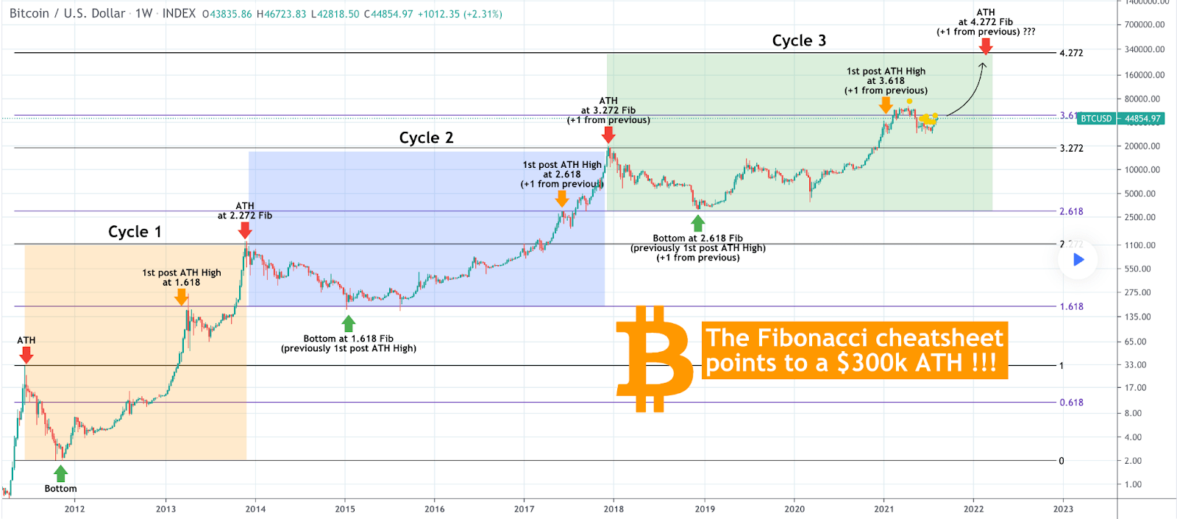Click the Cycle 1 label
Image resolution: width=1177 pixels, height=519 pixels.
point(135,232)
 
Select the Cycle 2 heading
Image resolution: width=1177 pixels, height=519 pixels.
point(426,138)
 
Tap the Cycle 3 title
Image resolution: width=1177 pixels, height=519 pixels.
point(799,40)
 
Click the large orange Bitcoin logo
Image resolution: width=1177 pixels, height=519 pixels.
point(653,359)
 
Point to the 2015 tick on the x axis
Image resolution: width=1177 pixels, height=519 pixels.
point(345,509)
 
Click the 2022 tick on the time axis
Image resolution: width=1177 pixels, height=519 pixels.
point(973,509)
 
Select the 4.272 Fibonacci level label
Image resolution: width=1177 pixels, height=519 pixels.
point(1071,53)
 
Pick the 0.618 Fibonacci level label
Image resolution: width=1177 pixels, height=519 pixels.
point(1071,403)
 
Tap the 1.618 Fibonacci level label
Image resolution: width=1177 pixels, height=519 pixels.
point(1071,307)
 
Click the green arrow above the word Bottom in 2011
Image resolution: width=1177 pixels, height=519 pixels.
point(61,473)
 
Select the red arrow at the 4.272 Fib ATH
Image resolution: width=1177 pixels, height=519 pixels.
point(986,46)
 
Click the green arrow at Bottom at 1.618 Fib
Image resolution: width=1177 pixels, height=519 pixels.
point(349,323)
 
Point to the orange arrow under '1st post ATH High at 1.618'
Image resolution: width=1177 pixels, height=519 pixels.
point(181,297)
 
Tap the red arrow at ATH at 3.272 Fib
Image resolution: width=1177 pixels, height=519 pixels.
point(608,135)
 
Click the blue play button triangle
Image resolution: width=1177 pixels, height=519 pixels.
point(1078,259)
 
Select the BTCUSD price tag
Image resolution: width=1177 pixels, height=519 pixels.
point(1096,119)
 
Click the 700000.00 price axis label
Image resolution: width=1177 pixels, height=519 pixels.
point(1144,24)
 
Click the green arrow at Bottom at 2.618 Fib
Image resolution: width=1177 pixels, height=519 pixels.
point(698,223)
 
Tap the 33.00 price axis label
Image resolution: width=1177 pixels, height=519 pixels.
point(1135,364)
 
